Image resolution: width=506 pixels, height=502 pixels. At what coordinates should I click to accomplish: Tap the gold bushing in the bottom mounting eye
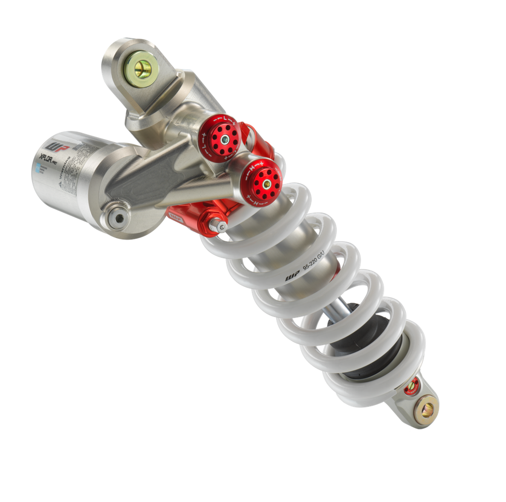coord(426,409)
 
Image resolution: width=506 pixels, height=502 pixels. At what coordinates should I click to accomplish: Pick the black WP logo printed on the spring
coord(292,276)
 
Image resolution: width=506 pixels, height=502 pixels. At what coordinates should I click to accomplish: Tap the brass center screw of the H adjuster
coord(267,184)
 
